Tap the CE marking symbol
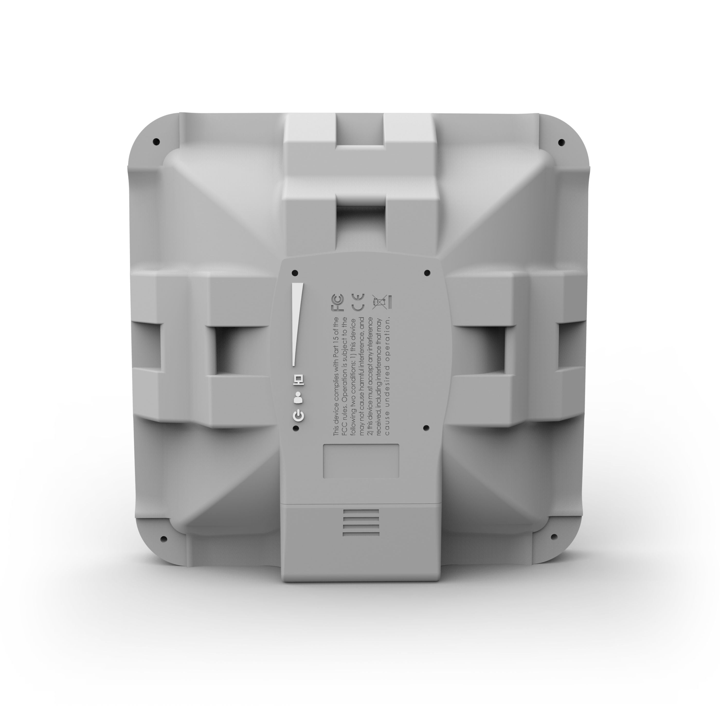[358, 302]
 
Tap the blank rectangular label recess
[361, 461]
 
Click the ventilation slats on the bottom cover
[361, 523]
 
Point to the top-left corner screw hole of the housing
[157, 142]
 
